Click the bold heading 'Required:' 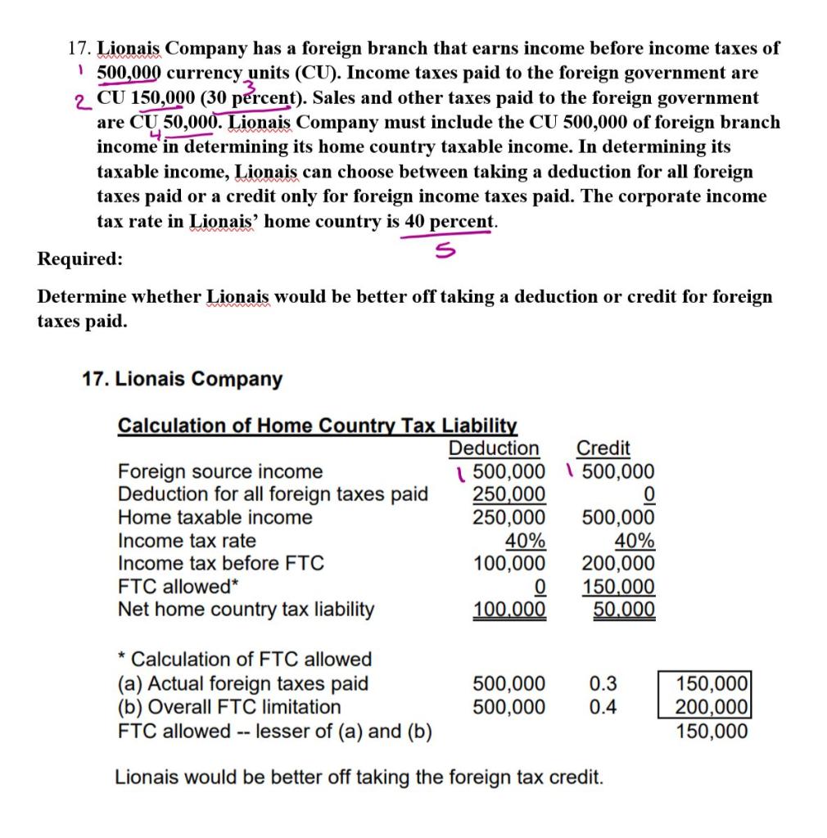(x=80, y=259)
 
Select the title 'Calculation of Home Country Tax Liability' (x=318, y=426)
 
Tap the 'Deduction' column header (x=494, y=448)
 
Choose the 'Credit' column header (x=603, y=448)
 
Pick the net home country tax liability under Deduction (x=509, y=610)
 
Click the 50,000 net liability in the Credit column (x=623, y=610)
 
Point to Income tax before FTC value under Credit (x=618, y=563)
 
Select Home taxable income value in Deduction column (x=509, y=517)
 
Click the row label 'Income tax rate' (x=187, y=541)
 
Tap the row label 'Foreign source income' (x=220, y=471)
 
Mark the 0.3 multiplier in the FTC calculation (x=603, y=683)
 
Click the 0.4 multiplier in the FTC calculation (x=603, y=706)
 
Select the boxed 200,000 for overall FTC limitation (x=710, y=706)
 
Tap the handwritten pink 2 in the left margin (x=79, y=102)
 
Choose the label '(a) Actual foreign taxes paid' (x=243, y=683)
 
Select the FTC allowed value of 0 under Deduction (x=539, y=587)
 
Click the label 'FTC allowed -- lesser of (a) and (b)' (x=276, y=731)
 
